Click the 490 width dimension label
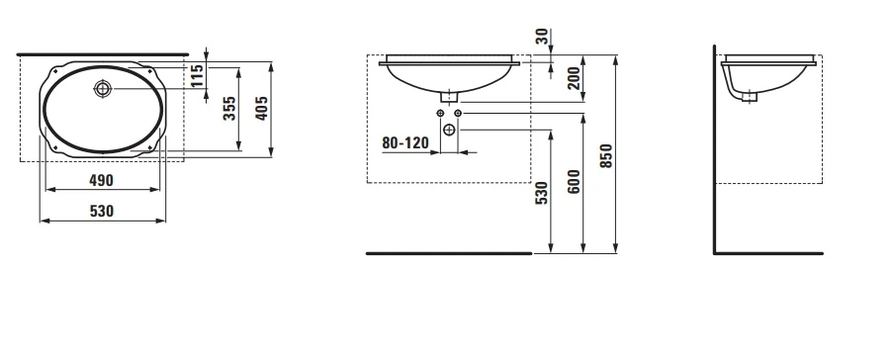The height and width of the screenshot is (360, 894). (101, 180)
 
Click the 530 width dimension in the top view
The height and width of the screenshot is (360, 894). (101, 211)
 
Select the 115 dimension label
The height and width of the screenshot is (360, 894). (198, 76)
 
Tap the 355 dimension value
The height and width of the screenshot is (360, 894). (228, 109)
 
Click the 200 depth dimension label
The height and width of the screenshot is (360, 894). (574, 78)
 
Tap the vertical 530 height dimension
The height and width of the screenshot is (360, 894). (541, 194)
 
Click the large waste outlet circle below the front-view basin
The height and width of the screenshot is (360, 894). (449, 130)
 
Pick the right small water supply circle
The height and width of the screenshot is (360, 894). (458, 115)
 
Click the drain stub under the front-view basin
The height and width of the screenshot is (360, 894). (449, 96)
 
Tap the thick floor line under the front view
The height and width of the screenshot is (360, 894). (449, 253)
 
